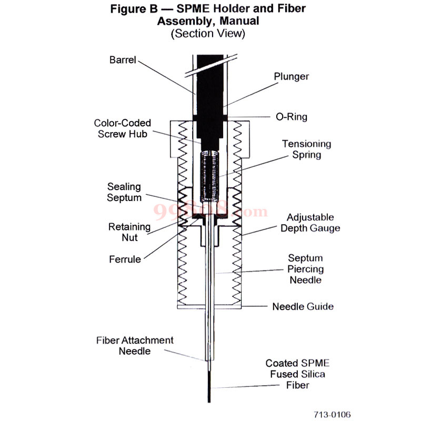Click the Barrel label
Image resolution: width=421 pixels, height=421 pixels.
click(x=123, y=60)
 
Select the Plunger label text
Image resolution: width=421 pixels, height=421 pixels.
click(x=291, y=76)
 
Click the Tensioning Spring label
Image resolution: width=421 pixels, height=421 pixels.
click(x=306, y=149)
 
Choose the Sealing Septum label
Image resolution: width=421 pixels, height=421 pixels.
click(x=124, y=192)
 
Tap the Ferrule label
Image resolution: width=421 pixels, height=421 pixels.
click(x=125, y=259)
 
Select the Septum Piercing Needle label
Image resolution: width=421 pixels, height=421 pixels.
click(x=305, y=269)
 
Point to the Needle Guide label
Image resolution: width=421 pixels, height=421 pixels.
click(x=303, y=306)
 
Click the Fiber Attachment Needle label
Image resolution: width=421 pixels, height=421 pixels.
click(x=134, y=345)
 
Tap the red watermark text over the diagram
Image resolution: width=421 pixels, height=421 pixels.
click(x=210, y=211)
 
